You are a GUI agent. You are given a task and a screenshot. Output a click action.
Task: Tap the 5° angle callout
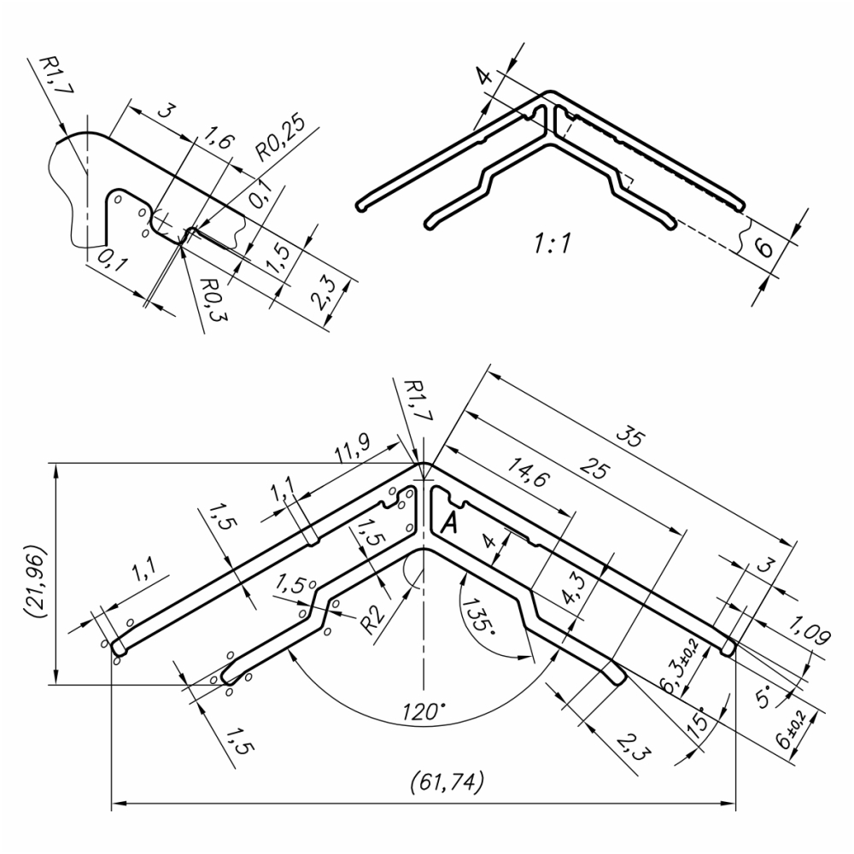coord(765,693)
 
